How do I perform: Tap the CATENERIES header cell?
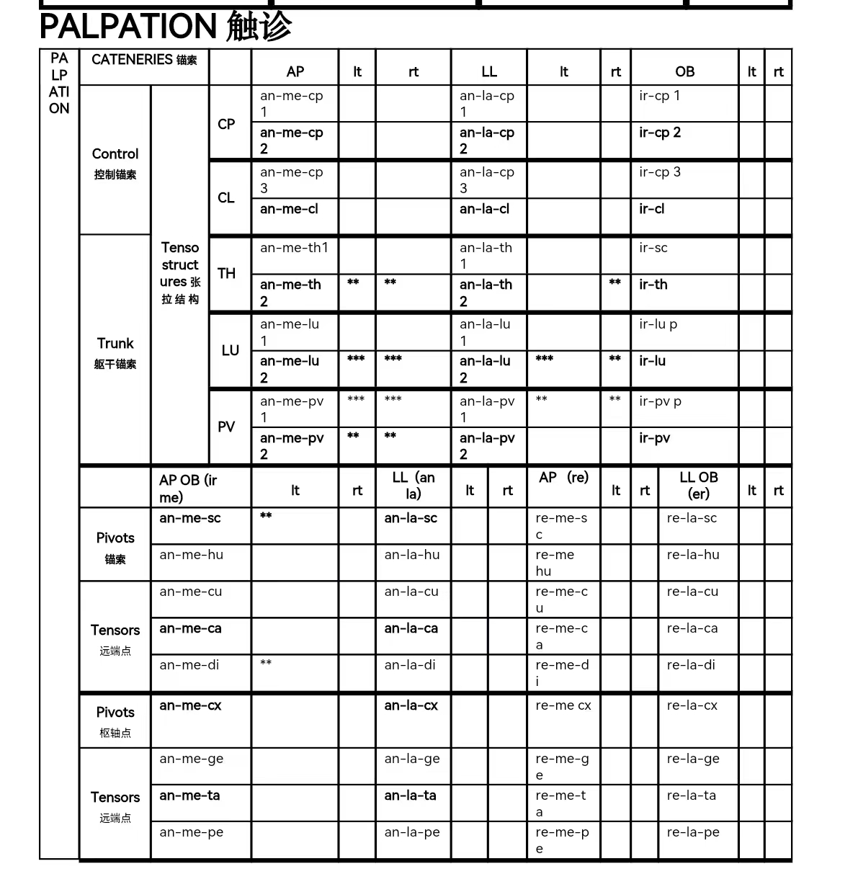pyautogui.click(x=144, y=60)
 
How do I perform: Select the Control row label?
pyautogui.click(x=115, y=154)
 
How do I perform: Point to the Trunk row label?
pyautogui.click(x=115, y=344)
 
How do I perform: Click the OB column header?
pyautogui.click(x=684, y=71)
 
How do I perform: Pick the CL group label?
pyautogui.click(x=226, y=197)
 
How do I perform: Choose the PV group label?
pyautogui.click(x=226, y=427)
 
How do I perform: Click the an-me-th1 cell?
pyautogui.click(x=294, y=248)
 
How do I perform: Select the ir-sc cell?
pyautogui.click(x=653, y=248)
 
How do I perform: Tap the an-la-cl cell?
pyautogui.click(x=484, y=209)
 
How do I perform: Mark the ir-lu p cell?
pyautogui.click(x=658, y=324)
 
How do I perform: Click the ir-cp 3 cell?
pyautogui.click(x=659, y=172)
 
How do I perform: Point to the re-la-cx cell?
pyautogui.click(x=692, y=705)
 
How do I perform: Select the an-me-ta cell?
pyautogui.click(x=189, y=795)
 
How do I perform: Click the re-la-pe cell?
pyautogui.click(x=692, y=832)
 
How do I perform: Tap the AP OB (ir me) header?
pyautogui.click(x=188, y=489)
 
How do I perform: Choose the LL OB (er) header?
pyautogui.click(x=698, y=486)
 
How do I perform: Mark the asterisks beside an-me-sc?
pyautogui.click(x=266, y=516)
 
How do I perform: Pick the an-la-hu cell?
pyautogui.click(x=411, y=555)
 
